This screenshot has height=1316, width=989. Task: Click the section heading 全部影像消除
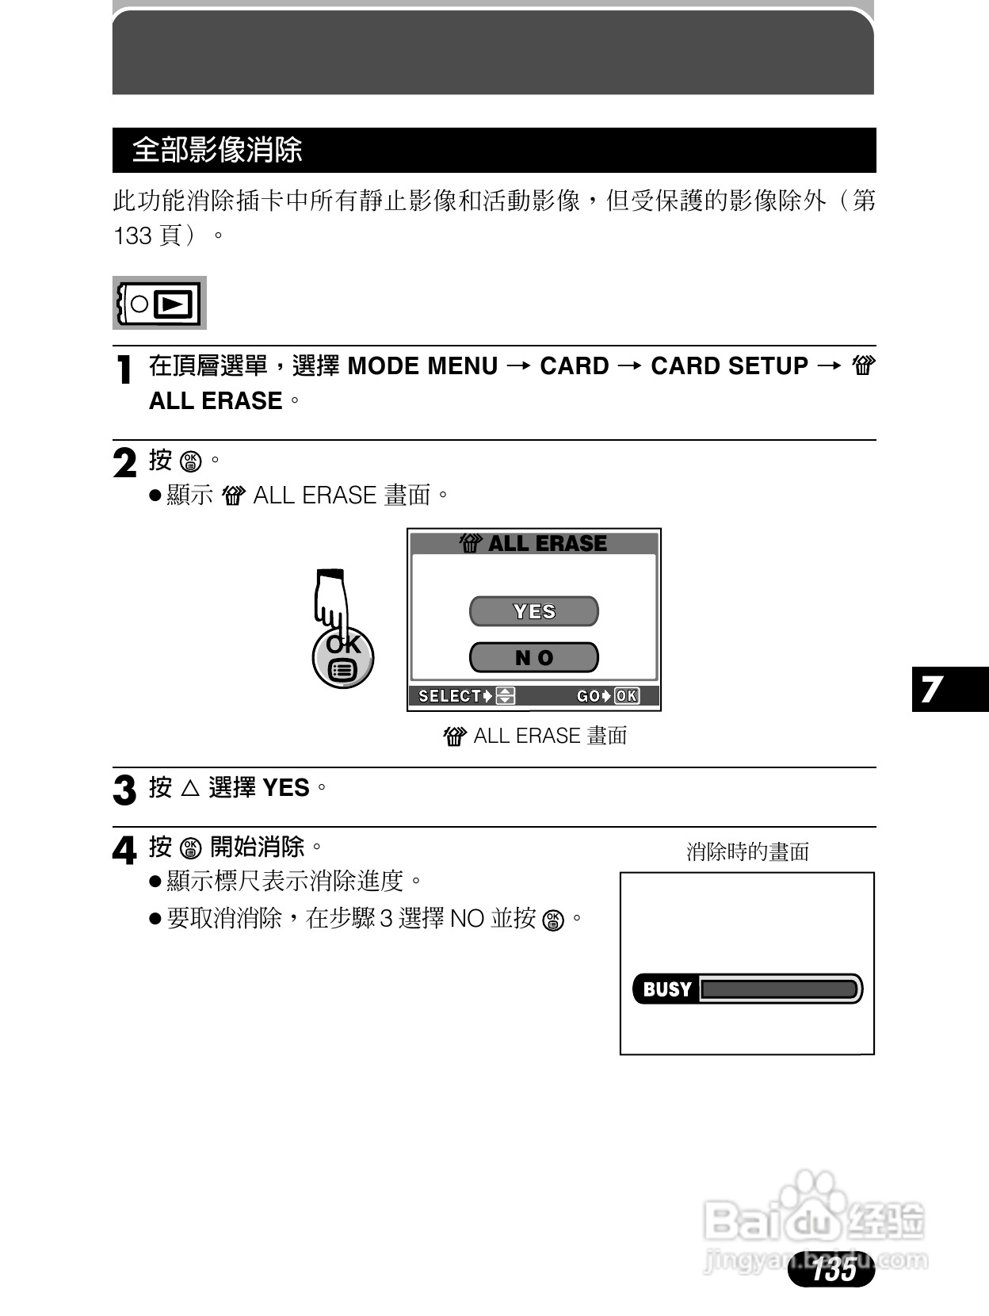coord(217,150)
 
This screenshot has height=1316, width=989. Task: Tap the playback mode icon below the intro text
coord(160,303)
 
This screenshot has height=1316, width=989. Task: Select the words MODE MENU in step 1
coord(422,366)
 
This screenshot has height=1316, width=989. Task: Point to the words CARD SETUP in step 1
coord(729,366)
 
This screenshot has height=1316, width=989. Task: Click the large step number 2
coord(124,464)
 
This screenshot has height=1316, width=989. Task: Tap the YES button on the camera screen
coord(534,611)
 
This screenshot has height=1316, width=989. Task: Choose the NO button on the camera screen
coord(534,657)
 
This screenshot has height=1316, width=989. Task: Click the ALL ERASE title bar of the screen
coord(534,543)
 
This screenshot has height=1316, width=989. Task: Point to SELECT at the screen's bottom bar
coord(449,696)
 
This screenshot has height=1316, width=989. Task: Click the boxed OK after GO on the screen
coord(626,696)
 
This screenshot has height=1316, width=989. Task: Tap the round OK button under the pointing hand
coord(343,658)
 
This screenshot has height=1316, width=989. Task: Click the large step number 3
coord(124,790)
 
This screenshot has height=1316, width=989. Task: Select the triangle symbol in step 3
coord(190,788)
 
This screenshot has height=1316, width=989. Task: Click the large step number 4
coord(124,851)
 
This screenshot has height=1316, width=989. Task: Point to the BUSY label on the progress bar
coord(667,989)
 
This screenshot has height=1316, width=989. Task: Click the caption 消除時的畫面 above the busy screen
coord(747,852)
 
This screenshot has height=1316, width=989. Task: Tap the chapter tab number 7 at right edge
coord(932,689)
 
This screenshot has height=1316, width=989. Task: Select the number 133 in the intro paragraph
coord(133,236)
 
